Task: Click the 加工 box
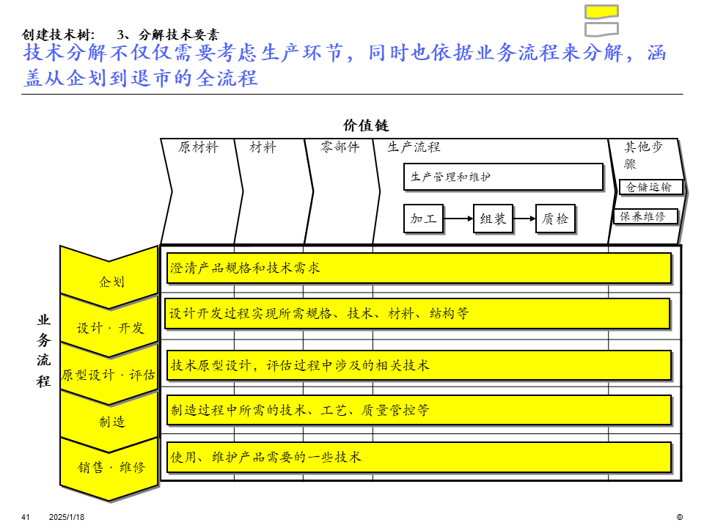click(x=424, y=219)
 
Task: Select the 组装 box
click(x=493, y=219)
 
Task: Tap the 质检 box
click(x=555, y=219)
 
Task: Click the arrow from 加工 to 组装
click(x=458, y=219)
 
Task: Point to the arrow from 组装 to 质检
click(x=524, y=219)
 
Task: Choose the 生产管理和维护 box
click(x=503, y=177)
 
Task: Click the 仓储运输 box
click(x=650, y=187)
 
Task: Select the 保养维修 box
click(x=645, y=216)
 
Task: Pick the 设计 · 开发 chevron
click(x=111, y=326)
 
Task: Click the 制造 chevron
click(x=111, y=420)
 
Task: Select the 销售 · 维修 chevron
click(x=111, y=467)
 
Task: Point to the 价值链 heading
click(x=366, y=125)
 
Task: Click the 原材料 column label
click(x=198, y=147)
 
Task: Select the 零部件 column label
click(x=340, y=147)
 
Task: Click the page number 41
click(x=26, y=517)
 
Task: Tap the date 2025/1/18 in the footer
click(x=67, y=517)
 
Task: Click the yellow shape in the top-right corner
click(x=601, y=11)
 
